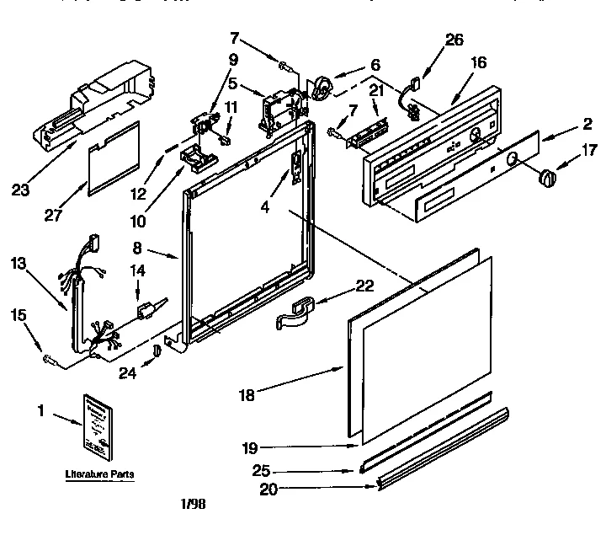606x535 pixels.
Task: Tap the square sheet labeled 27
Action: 114,157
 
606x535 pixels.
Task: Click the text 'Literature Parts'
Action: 99,475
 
